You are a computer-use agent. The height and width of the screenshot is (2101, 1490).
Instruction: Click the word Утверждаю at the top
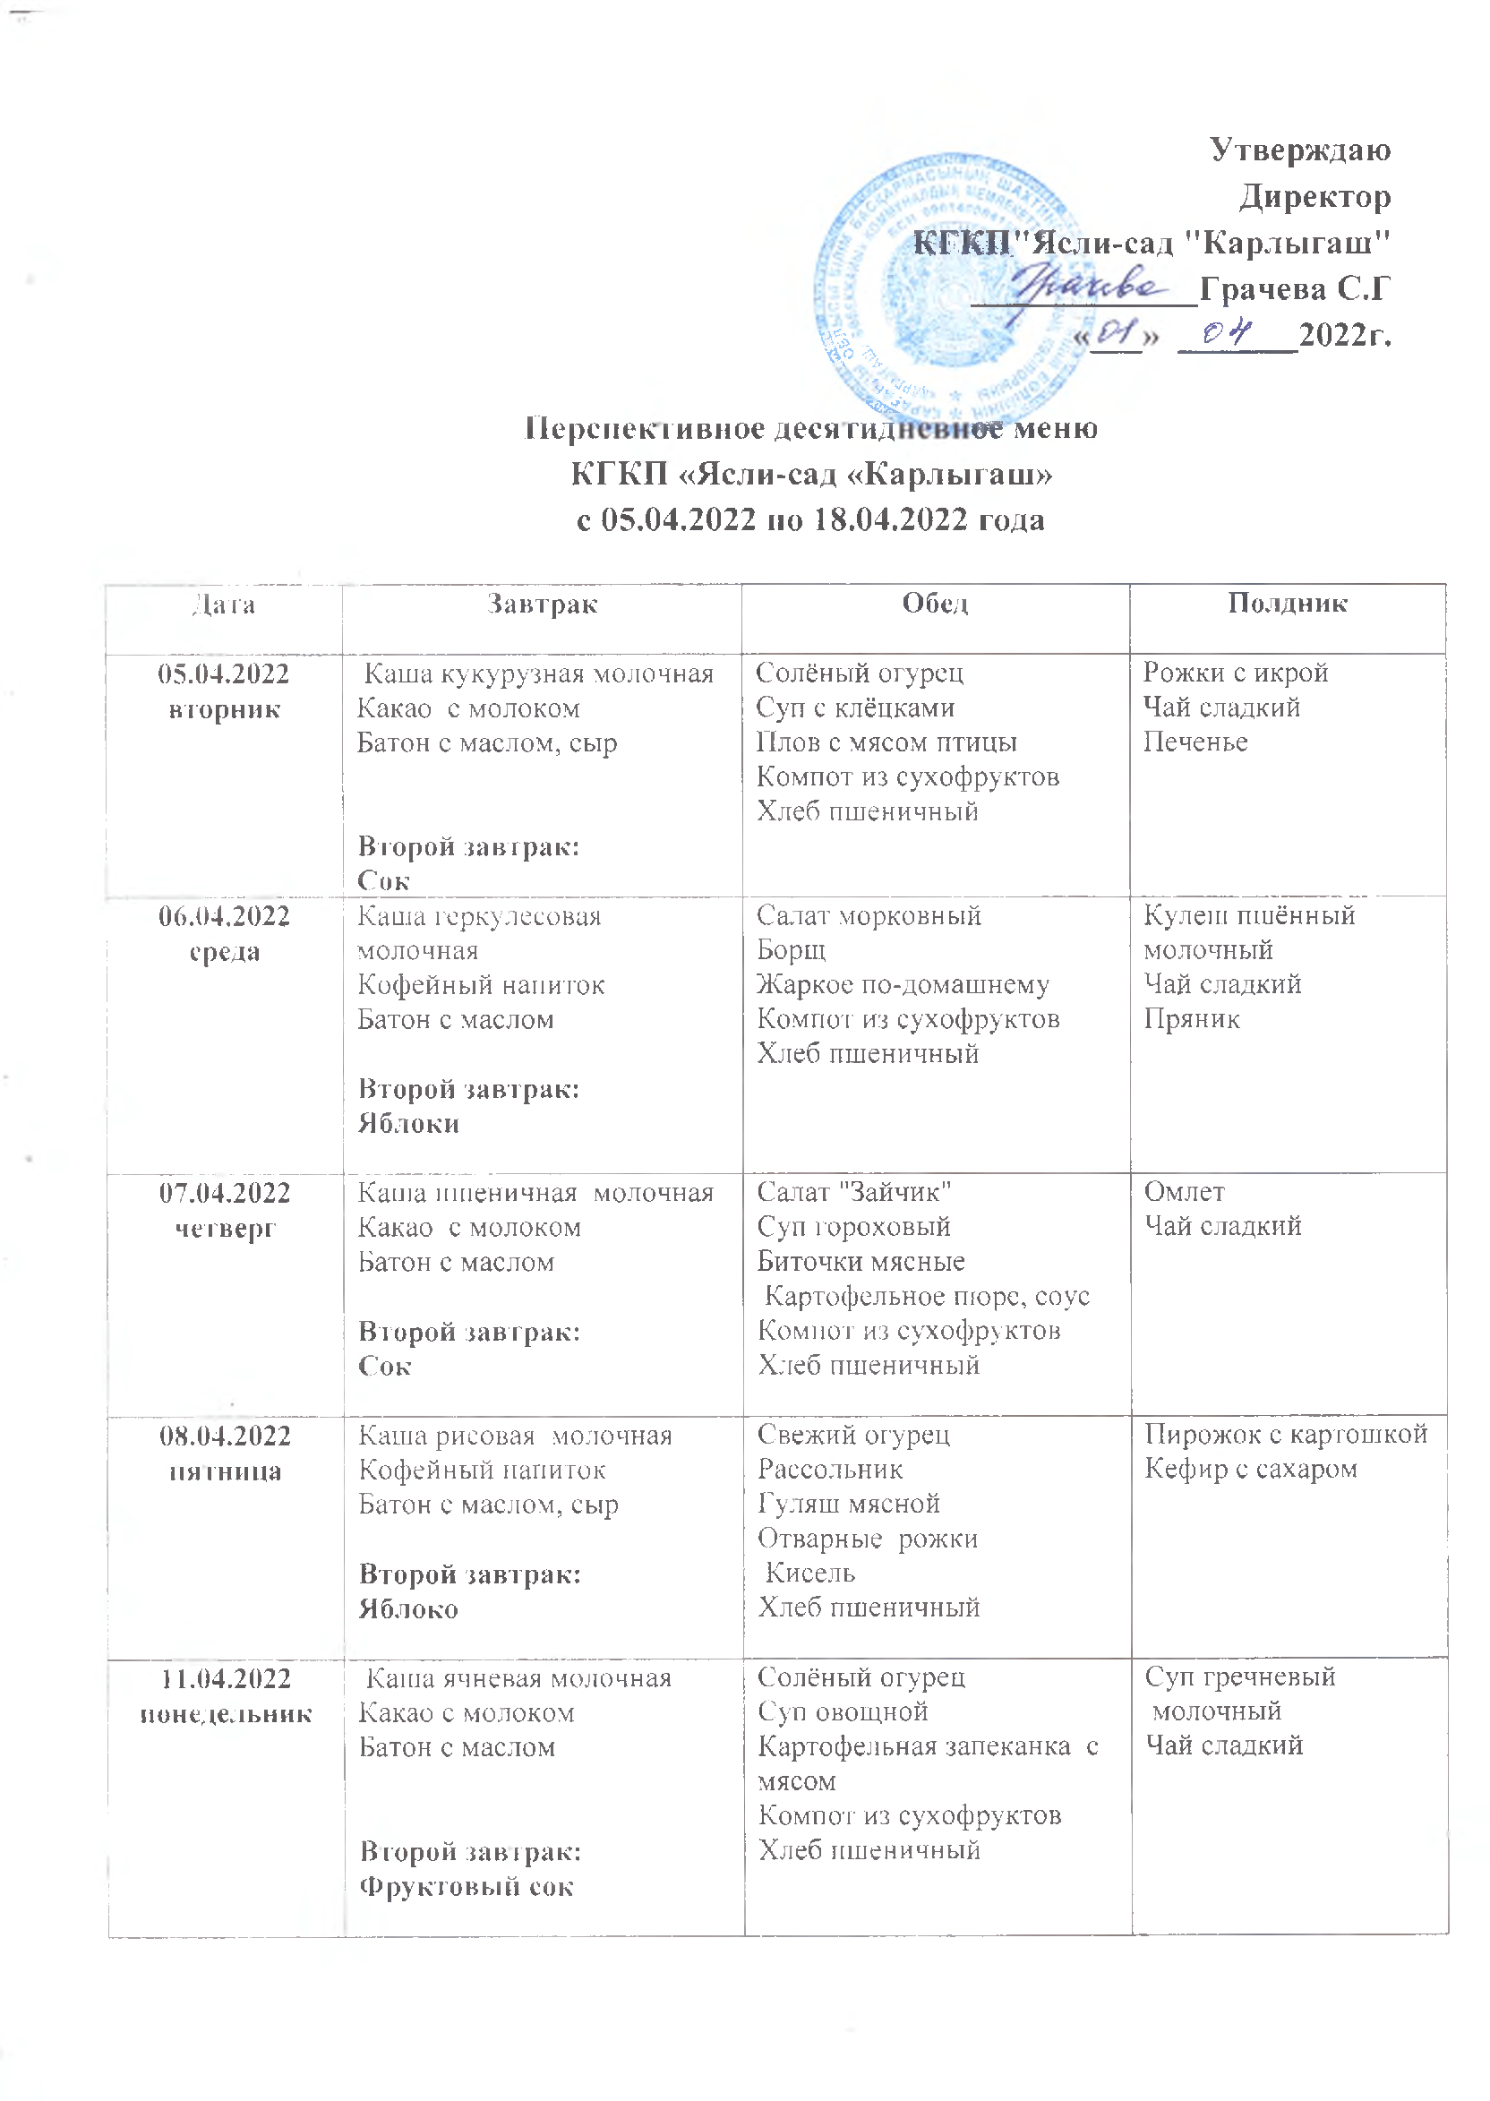tap(1299, 150)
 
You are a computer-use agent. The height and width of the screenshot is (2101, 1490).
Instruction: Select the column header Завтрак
tap(543, 604)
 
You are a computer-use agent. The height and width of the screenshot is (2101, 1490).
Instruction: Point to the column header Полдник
tap(1288, 603)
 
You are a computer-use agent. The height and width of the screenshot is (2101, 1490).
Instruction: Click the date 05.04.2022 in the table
tap(224, 674)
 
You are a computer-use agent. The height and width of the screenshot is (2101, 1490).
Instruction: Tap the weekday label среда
tap(225, 951)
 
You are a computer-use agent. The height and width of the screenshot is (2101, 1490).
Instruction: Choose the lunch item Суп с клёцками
tap(855, 707)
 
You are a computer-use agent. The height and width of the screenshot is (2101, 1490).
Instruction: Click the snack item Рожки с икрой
tap(1235, 673)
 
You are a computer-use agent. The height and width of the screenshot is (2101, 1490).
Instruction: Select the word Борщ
tap(791, 949)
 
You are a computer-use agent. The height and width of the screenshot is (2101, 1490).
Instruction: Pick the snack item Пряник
tap(1191, 1018)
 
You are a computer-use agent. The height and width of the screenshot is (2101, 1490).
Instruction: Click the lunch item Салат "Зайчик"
tap(854, 1192)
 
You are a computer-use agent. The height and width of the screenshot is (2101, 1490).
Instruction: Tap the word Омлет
tap(1184, 1192)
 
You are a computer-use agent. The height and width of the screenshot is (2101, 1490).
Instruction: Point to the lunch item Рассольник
tap(830, 1470)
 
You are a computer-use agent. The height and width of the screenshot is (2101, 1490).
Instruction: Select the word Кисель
tap(810, 1574)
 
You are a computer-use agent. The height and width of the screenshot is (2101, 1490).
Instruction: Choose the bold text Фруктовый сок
tap(467, 1887)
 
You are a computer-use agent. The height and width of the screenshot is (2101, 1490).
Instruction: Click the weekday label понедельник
tap(226, 1714)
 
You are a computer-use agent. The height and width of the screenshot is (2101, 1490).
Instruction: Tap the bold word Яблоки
tap(408, 1124)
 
